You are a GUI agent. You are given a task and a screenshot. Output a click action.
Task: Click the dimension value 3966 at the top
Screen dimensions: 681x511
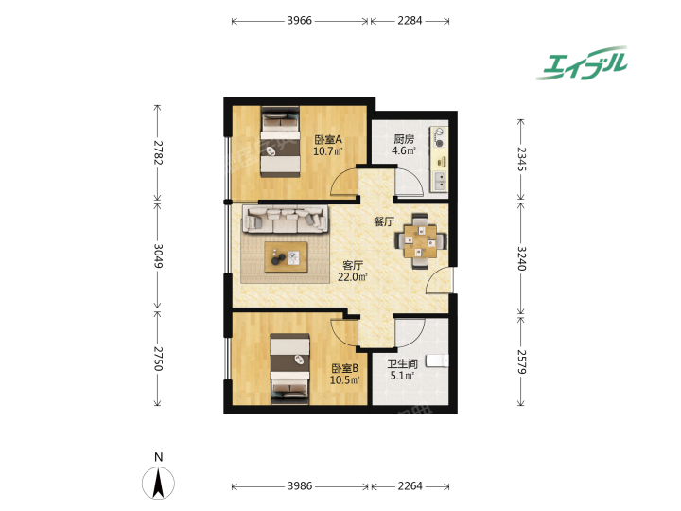pyautogui.click(x=299, y=21)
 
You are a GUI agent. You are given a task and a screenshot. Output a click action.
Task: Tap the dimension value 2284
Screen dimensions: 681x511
pyautogui.click(x=410, y=21)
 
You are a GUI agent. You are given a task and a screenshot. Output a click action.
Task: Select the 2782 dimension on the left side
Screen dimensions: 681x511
pyautogui.click(x=157, y=152)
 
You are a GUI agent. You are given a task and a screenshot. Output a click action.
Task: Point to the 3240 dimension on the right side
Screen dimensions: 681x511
pyautogui.click(x=521, y=258)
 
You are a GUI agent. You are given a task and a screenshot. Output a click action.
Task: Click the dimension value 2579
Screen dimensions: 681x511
pyautogui.click(x=521, y=361)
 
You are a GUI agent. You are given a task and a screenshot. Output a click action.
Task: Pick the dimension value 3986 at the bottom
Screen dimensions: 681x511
pyautogui.click(x=300, y=485)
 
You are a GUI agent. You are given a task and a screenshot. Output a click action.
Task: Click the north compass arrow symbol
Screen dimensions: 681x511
pyautogui.click(x=159, y=483)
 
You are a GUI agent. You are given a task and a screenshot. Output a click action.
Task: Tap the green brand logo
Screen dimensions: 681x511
pyautogui.click(x=583, y=63)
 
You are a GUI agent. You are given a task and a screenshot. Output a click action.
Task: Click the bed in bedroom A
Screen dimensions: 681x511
pyautogui.click(x=281, y=142)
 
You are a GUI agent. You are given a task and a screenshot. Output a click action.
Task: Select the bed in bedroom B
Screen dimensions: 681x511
pyautogui.click(x=289, y=369)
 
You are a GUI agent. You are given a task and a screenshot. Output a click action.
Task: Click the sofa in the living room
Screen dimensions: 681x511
pyautogui.click(x=285, y=219)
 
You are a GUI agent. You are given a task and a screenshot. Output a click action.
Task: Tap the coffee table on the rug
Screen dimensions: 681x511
pyautogui.click(x=286, y=257)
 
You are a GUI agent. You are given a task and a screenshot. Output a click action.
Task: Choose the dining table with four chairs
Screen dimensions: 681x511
pyautogui.click(x=420, y=241)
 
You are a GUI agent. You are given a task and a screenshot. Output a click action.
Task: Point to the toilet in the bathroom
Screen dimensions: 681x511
pyautogui.click(x=437, y=361)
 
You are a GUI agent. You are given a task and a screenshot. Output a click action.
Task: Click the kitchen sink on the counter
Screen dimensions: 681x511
pyautogui.click(x=440, y=181)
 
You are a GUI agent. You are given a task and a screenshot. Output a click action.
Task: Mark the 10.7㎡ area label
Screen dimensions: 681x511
pyautogui.click(x=328, y=151)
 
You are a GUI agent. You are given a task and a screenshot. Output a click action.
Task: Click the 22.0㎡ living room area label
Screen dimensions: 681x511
pyautogui.click(x=353, y=276)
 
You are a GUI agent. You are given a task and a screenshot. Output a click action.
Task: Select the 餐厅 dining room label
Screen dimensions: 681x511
pyautogui.click(x=384, y=221)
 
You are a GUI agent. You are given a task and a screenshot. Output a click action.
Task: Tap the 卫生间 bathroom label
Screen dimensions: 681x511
pyautogui.click(x=402, y=363)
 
